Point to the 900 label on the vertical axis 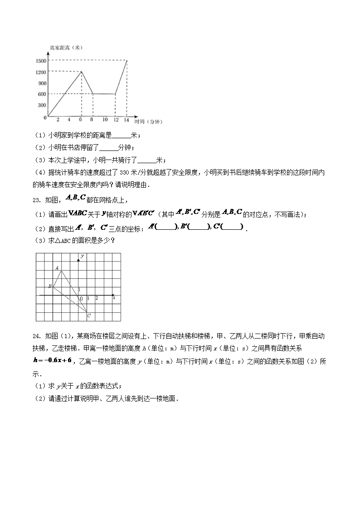(x=42, y=83)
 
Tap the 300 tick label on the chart (x=42, y=105)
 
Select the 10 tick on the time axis (x=105, y=120)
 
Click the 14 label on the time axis (x=126, y=120)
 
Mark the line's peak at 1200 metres (x=82, y=71)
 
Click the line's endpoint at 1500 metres (x=127, y=60)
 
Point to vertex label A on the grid (x=57, y=268)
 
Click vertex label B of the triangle (x=50, y=286)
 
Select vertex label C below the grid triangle (x=89, y=315)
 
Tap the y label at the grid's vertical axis (x=82, y=257)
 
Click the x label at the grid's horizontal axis (x=114, y=298)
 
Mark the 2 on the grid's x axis (x=96, y=298)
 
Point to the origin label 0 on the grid (x=82, y=299)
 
